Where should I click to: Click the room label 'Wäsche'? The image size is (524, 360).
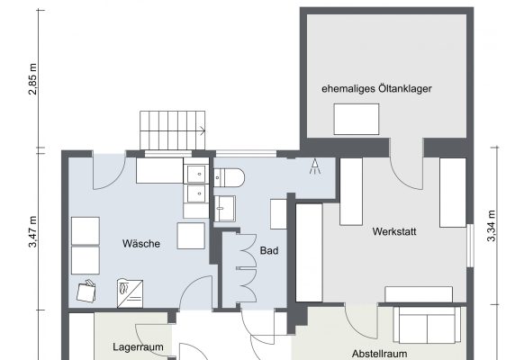click(x=141, y=244)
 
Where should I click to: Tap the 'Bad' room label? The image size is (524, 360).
click(x=269, y=250)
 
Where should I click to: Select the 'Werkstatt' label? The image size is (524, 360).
click(x=394, y=231)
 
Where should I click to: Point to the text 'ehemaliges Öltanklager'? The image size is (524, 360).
click(x=376, y=89)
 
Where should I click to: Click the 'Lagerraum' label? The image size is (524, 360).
click(x=138, y=347)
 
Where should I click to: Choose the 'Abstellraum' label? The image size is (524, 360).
click(x=380, y=354)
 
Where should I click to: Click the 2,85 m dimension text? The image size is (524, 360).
click(x=32, y=79)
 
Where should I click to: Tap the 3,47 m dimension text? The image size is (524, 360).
click(x=32, y=232)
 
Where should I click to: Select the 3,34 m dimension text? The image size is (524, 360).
click(x=492, y=226)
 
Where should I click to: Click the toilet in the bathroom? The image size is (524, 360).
click(x=229, y=177)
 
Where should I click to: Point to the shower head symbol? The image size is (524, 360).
click(x=314, y=166)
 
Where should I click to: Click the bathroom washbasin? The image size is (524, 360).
click(x=224, y=209)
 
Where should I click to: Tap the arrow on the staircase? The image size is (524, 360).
click(x=203, y=130)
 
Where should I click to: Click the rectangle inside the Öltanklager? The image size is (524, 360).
click(x=357, y=119)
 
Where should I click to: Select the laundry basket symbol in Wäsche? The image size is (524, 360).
click(x=130, y=293)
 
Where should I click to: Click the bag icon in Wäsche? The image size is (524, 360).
click(x=86, y=292)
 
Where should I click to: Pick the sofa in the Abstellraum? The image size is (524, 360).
click(x=427, y=325)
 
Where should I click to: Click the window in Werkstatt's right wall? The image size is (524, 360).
click(x=471, y=246)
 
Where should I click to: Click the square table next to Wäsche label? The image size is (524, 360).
click(x=191, y=236)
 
